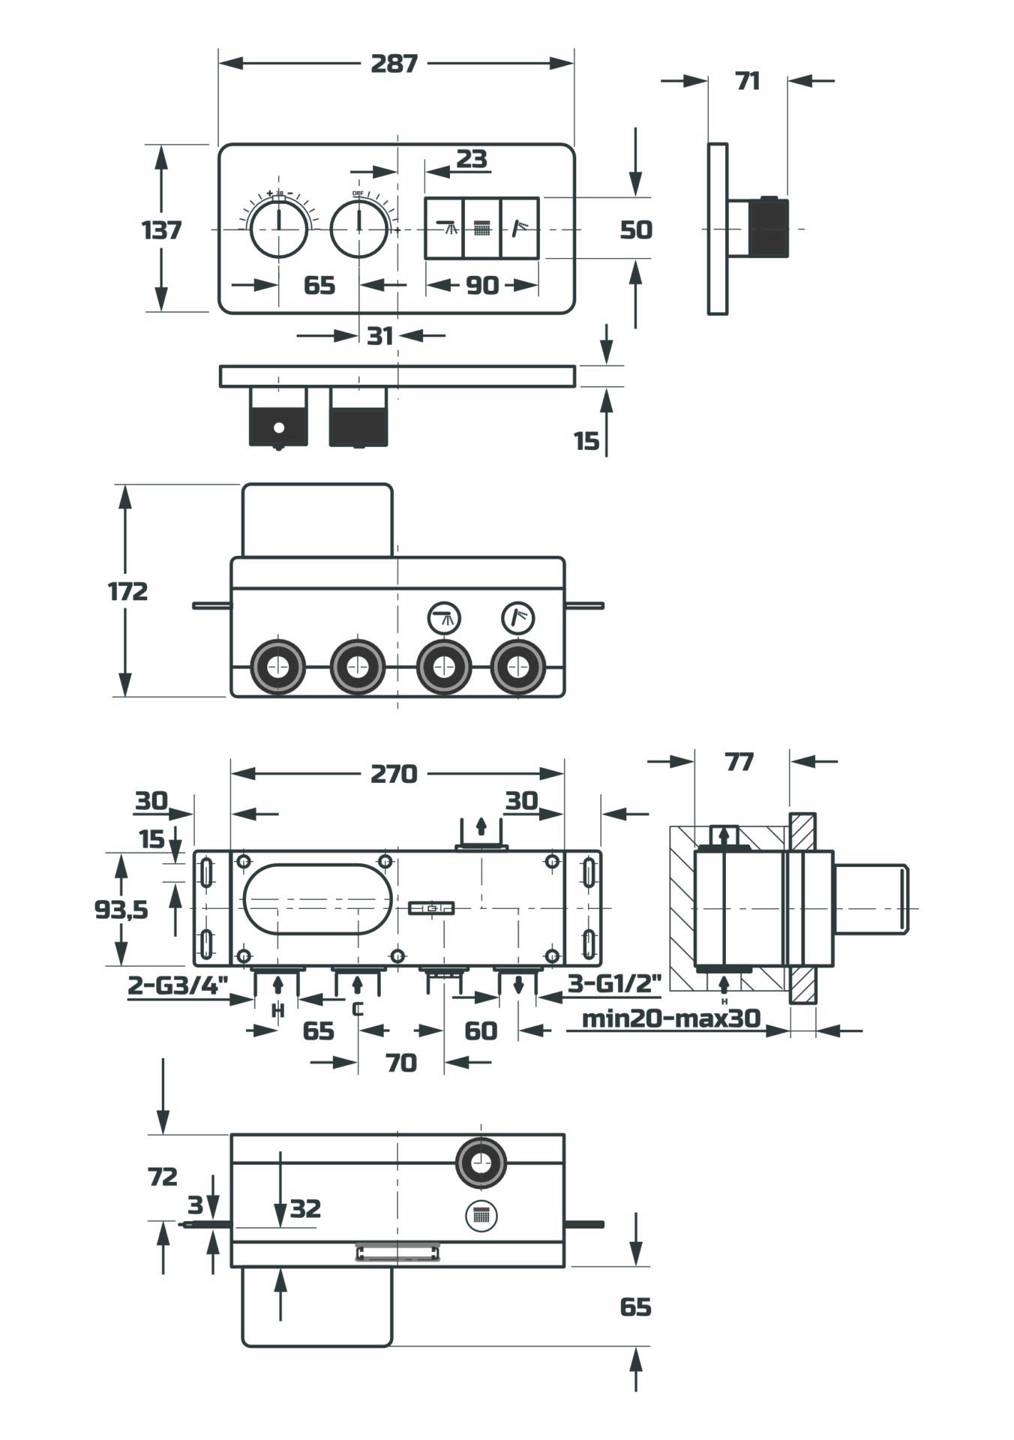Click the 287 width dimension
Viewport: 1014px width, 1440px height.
pos(394,64)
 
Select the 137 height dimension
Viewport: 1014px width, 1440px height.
pos(162,229)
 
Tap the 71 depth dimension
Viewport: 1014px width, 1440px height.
pos(747,81)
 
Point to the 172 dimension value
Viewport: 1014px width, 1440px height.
pos(128,592)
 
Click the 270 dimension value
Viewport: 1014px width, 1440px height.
pos(394,773)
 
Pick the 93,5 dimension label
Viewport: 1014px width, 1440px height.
pos(121,910)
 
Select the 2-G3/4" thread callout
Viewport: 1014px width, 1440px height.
pos(177,984)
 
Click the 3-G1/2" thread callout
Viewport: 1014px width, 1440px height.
pos(613,983)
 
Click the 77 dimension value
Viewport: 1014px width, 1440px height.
pos(739,762)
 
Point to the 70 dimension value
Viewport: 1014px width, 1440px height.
pos(401,1063)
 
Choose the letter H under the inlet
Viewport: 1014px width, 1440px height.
pos(278,1011)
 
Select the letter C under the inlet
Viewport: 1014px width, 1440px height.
pos(358,1009)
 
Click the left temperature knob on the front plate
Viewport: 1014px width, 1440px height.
pos(278,228)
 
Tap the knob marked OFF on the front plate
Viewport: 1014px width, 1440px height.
pos(359,228)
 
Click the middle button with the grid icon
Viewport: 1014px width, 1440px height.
pos(481,228)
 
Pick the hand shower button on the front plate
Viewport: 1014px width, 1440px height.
pos(520,228)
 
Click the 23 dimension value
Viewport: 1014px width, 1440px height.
pos(472,159)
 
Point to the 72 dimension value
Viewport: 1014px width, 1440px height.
pos(163,1177)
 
